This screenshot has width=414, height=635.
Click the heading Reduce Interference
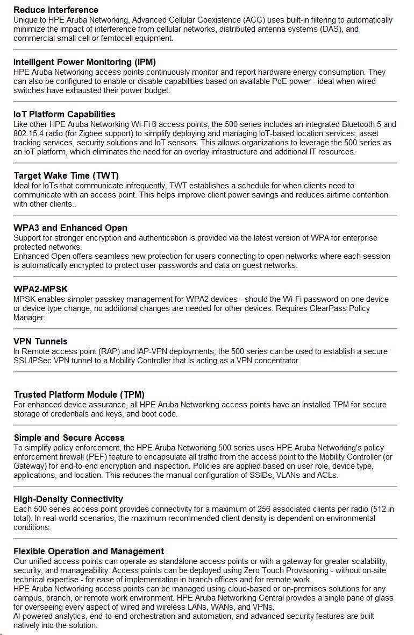coord(56,10)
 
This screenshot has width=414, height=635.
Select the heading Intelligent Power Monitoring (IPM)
coord(84,62)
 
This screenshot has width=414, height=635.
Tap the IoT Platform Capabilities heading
coord(65,114)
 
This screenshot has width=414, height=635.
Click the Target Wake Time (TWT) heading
coord(66,175)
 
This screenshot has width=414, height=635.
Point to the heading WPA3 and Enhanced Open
coord(70,228)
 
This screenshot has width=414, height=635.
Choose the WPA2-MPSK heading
coord(41,289)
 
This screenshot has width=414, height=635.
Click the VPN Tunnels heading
coord(41,341)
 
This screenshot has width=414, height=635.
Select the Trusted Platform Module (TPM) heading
coord(79,395)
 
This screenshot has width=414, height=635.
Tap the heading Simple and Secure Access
coord(69,438)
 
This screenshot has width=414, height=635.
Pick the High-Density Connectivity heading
coord(68,499)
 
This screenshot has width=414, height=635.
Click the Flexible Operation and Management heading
coord(89,551)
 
